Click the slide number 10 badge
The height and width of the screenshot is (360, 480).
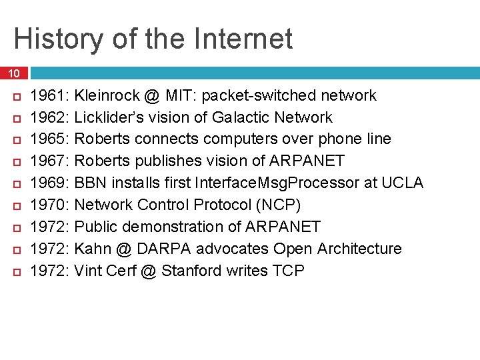[15, 73]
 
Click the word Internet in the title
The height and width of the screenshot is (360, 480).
[244, 39]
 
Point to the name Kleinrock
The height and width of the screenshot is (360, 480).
[106, 96]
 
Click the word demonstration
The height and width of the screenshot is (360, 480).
[178, 227]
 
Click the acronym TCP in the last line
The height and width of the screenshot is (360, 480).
[289, 271]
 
